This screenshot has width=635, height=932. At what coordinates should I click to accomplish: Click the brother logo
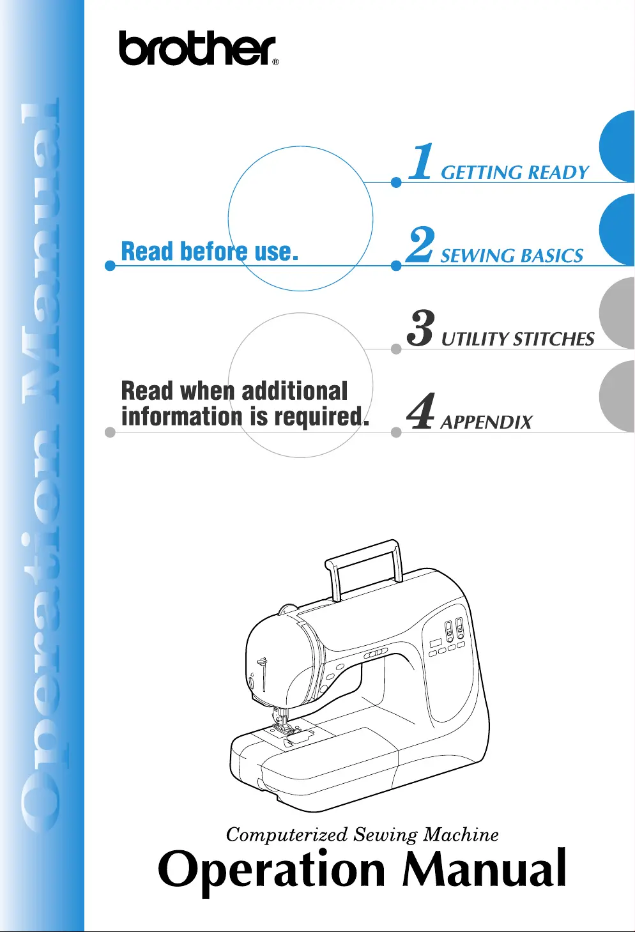pyautogui.click(x=197, y=49)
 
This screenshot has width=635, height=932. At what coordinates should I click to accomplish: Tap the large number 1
pyautogui.click(x=422, y=162)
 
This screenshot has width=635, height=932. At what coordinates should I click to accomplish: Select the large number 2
pyautogui.click(x=421, y=245)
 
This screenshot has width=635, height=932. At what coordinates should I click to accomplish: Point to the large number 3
pyautogui.click(x=421, y=328)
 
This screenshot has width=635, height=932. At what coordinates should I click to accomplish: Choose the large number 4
pyautogui.click(x=421, y=411)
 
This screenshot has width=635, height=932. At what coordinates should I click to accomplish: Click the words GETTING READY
pyautogui.click(x=514, y=172)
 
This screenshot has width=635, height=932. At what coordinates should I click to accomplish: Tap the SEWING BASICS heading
pyautogui.click(x=512, y=256)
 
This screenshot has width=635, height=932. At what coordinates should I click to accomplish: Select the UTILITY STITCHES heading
pyautogui.click(x=517, y=339)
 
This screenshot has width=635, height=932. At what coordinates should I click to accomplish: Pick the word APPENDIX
pyautogui.click(x=486, y=422)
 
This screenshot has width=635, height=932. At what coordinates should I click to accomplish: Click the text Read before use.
pyautogui.click(x=210, y=252)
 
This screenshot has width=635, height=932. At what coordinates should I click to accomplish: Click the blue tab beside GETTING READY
pyautogui.click(x=616, y=148)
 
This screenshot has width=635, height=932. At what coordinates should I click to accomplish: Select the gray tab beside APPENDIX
pyautogui.click(x=616, y=397)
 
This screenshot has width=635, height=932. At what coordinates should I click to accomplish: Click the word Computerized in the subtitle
pyautogui.click(x=286, y=835)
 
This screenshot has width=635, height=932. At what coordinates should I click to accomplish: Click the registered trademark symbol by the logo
pyautogui.click(x=275, y=63)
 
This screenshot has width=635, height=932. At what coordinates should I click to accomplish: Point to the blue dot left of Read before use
pyautogui.click(x=110, y=266)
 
